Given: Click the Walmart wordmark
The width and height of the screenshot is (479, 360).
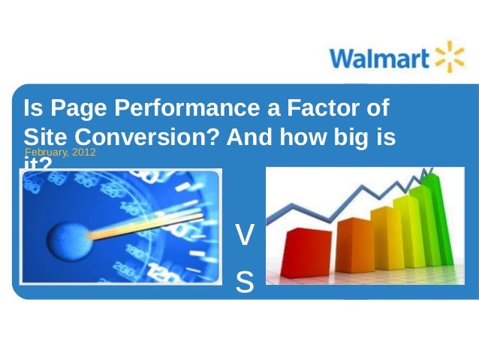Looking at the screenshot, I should pos(378,58).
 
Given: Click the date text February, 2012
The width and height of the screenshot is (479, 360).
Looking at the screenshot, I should pos(60,153).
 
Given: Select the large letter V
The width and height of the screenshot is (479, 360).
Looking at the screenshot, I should pos(245,237).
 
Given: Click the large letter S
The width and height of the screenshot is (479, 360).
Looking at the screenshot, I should pos(245,281).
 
